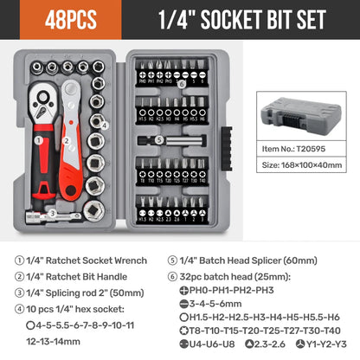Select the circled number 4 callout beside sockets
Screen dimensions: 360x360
tap(103, 125)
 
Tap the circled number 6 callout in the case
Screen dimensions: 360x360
tap(182, 83)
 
